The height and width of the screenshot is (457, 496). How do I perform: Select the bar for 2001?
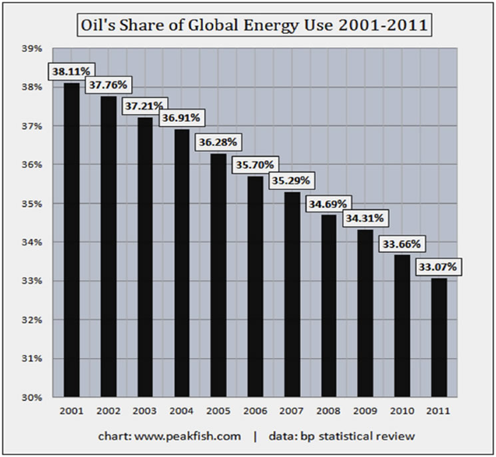(72, 240)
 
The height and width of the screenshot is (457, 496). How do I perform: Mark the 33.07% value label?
(437, 266)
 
